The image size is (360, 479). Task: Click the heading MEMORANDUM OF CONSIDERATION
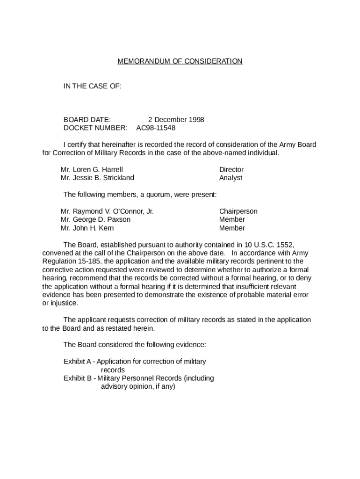tap(180, 61)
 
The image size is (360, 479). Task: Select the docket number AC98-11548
tap(156, 128)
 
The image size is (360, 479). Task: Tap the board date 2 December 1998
tap(176, 119)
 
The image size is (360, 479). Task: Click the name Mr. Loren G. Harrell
tap(92, 169)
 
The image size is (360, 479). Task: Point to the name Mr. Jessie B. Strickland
tap(97, 178)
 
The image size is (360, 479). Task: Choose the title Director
tap(231, 169)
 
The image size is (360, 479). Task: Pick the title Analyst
tap(231, 178)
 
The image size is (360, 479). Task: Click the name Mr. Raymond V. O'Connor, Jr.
tap(107, 211)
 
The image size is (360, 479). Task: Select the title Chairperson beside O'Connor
tap(238, 211)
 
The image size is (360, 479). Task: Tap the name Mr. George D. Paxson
tap(95, 219)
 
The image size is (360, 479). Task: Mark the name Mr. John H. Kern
tap(87, 228)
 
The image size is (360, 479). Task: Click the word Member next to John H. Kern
tap(232, 228)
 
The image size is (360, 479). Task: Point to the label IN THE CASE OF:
tap(93, 86)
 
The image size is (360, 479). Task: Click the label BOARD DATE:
tap(87, 119)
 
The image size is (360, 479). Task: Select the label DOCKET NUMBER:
tap(95, 128)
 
